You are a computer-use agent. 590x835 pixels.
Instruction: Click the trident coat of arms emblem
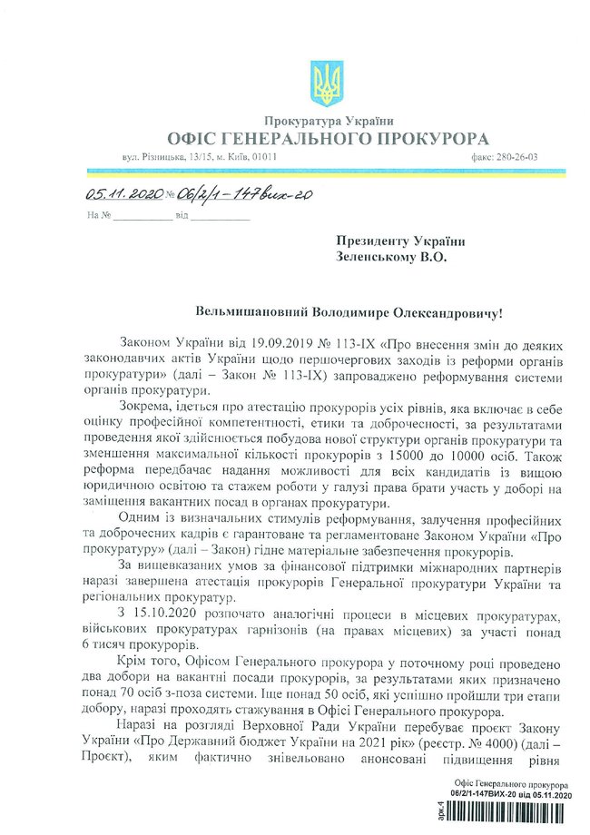(x=322, y=83)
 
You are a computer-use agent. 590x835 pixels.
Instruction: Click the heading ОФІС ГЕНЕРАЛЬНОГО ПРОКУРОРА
(x=328, y=138)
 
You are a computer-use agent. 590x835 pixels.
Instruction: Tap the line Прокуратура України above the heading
(x=329, y=121)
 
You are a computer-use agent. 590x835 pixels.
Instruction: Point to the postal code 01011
(x=265, y=157)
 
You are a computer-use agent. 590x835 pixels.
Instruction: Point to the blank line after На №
(x=142, y=217)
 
